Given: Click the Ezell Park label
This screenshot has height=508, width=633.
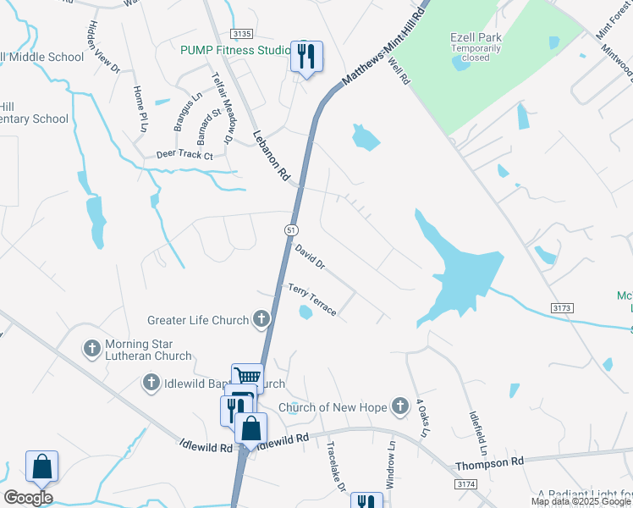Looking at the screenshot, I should (475, 37).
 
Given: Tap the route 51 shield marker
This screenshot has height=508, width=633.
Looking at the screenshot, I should (290, 229).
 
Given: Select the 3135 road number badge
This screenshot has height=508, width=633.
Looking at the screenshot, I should (241, 34).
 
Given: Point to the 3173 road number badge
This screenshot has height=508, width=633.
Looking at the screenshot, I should (561, 306).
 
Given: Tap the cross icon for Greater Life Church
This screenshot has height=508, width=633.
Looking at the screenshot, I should (261, 319).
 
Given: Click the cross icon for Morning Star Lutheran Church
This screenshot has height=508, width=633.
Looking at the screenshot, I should (92, 348).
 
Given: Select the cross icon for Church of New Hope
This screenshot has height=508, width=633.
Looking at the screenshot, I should (399, 406).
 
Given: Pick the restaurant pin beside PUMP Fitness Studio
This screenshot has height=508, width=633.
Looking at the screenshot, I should (304, 56).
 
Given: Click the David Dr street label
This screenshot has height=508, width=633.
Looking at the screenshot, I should (310, 257).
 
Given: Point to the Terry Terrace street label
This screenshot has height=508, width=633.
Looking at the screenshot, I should (312, 301).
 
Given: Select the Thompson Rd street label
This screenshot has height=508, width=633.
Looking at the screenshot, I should (490, 463).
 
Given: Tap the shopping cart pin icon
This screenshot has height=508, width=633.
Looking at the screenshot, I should (247, 377).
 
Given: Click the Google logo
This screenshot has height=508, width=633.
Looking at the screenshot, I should (28, 497).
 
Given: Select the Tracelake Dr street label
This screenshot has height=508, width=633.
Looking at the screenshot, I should (334, 468).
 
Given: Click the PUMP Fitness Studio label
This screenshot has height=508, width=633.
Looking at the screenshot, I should (235, 50).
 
